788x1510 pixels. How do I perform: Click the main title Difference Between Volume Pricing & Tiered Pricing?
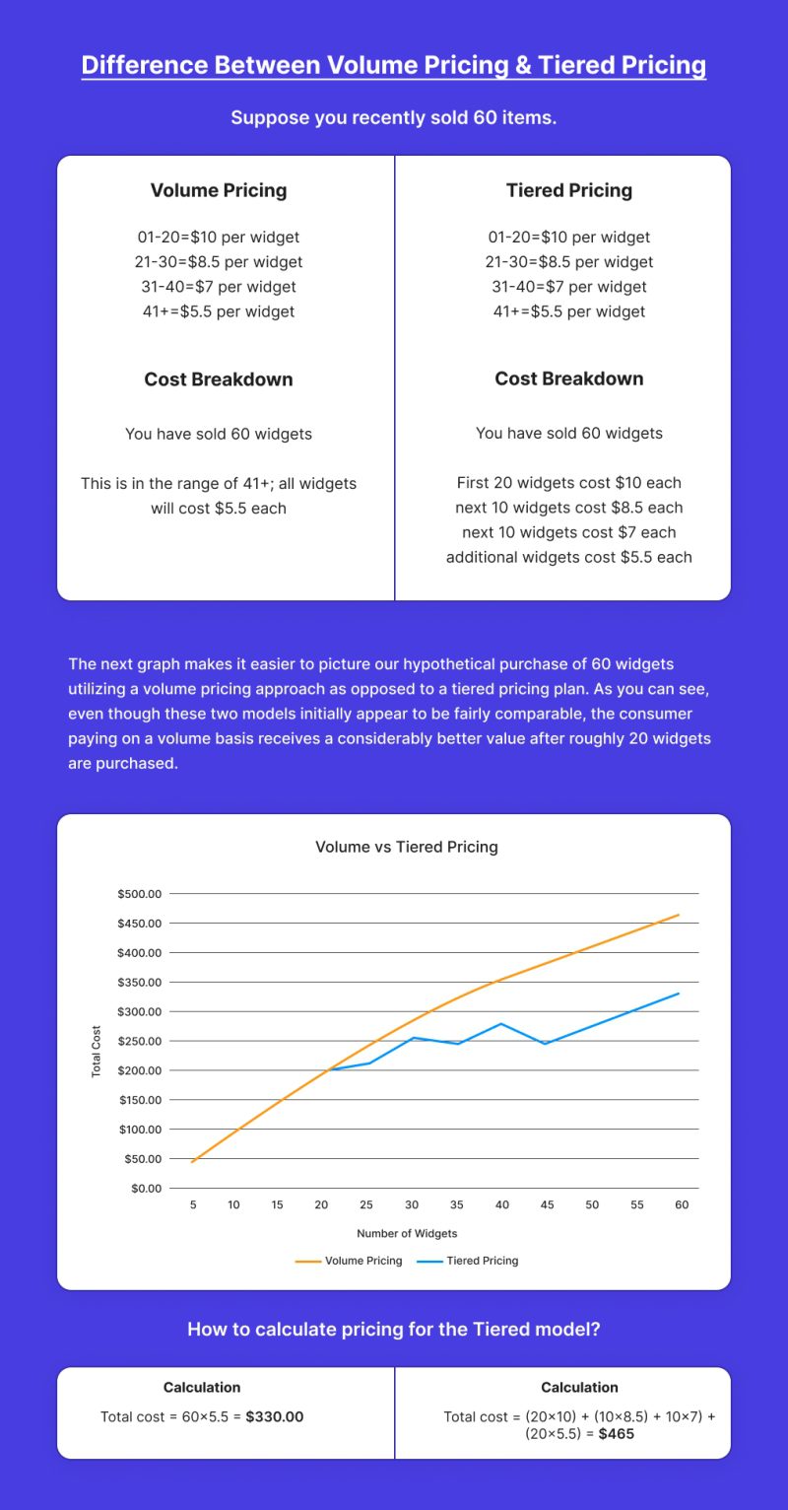tap(393, 65)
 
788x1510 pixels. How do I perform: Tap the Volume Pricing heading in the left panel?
tap(218, 190)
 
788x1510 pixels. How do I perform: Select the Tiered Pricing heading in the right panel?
tap(568, 190)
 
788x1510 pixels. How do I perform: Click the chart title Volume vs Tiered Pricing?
tap(406, 847)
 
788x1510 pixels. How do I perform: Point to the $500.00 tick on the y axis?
tap(138, 894)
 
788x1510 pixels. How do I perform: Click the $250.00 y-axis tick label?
tap(138, 1041)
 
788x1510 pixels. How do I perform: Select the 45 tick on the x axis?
tap(547, 1205)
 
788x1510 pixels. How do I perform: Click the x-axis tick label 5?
tap(193, 1205)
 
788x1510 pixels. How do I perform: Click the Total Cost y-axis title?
tap(97, 1051)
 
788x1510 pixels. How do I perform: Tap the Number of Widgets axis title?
tap(407, 1233)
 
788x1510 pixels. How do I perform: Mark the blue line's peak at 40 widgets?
tap(501, 1023)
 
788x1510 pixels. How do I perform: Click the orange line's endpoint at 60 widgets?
tap(679, 915)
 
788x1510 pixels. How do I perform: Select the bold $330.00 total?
tap(274, 1416)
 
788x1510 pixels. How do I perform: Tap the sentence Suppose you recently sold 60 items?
tap(393, 118)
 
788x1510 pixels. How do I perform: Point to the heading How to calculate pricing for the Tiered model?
tap(393, 1329)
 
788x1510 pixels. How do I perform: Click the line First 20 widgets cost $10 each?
tap(568, 483)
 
